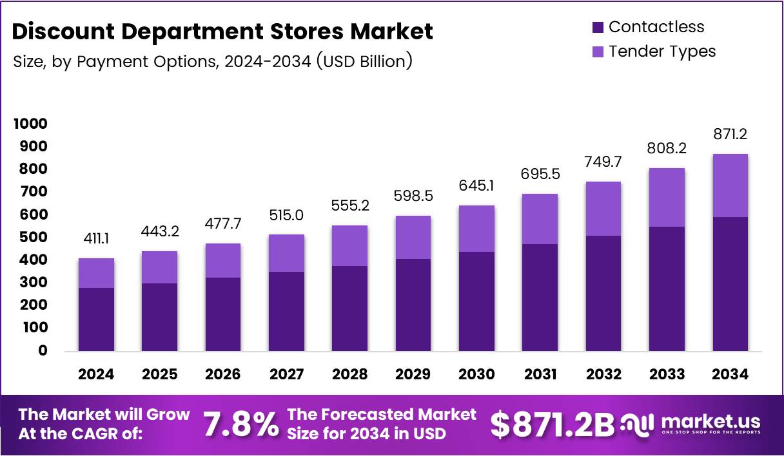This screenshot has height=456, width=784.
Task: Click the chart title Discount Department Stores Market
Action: coord(223,31)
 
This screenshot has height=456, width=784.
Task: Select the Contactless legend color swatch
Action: coord(597,27)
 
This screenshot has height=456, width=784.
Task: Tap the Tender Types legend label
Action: coord(661,51)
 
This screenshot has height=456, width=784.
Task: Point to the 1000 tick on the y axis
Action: coord(31,124)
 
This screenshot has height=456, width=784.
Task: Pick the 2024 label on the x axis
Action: coord(96,374)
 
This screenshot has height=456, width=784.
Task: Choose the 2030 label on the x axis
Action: coord(476,374)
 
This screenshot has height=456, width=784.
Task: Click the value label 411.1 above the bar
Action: coord(96,240)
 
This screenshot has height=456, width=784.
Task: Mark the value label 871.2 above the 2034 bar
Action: coord(730,135)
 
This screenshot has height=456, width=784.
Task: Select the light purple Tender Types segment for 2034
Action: coord(730,185)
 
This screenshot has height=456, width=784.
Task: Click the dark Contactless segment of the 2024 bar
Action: coord(96,319)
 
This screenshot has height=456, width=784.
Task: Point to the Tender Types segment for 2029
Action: coord(413,238)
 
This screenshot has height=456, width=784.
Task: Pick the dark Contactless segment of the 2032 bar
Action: coord(603,293)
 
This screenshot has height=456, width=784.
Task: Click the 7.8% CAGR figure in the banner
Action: coord(242,424)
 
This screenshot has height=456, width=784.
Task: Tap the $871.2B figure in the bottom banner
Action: coord(552,424)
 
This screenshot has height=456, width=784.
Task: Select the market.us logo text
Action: coord(710,422)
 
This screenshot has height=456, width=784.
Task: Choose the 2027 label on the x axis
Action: coord(286,374)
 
